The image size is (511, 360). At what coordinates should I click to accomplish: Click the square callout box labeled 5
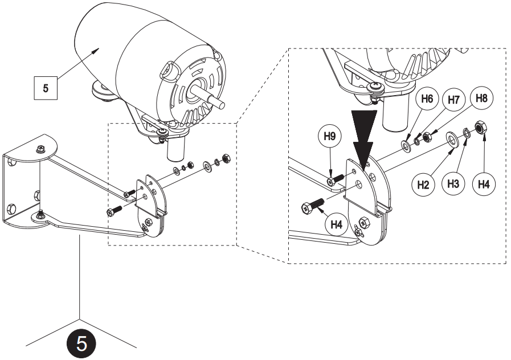[x=46, y=89]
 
